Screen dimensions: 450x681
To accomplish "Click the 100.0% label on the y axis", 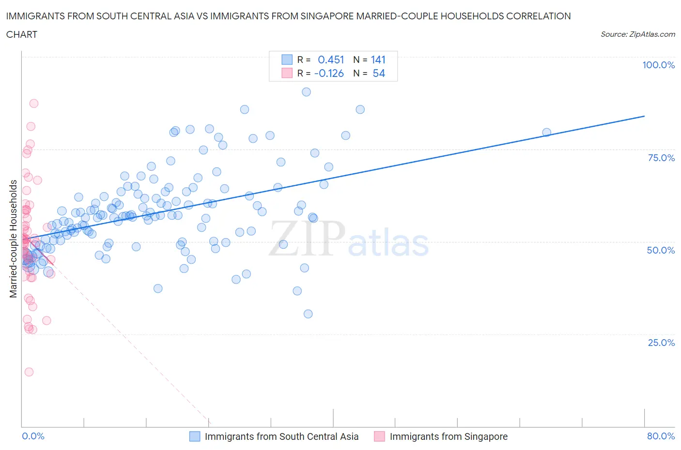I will tap(658, 65).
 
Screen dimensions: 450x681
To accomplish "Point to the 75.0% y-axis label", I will tap(661, 158).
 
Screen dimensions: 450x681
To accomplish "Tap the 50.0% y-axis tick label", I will tap(661, 250).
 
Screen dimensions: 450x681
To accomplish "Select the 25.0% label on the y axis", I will tap(661, 343).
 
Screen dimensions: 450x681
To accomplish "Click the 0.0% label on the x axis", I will tap(33, 436).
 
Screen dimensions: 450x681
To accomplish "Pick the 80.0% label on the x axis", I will tap(661, 436).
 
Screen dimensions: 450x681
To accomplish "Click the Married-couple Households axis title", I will tap(14, 239).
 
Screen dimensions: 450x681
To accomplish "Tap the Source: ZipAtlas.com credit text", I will tap(637, 34).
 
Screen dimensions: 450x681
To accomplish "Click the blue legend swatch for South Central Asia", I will tap(194, 436).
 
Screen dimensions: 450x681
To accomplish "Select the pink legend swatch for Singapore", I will tap(379, 436).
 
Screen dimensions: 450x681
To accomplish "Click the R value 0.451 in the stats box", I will tap(331, 60).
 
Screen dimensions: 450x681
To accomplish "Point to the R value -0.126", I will tap(329, 73).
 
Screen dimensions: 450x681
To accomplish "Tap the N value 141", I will tap(378, 60).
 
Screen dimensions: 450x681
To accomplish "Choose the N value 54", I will tap(379, 73).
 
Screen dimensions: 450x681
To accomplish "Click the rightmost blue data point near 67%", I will tap(546, 132).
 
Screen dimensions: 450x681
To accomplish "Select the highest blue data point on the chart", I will tap(306, 92).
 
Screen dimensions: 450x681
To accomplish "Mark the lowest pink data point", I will tap(29, 372).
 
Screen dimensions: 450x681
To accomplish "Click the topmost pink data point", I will tap(33, 103).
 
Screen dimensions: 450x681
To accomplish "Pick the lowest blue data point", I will tap(308, 314).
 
